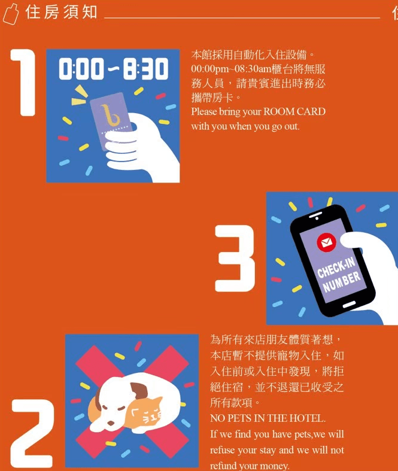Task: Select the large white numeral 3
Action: [x=235, y=259]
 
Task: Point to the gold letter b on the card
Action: [x=110, y=115]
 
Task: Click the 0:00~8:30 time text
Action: [x=113, y=69]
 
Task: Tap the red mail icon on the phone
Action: [x=326, y=242]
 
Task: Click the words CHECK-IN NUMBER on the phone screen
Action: [x=339, y=275]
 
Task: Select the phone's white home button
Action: [x=349, y=305]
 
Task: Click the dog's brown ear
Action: [x=140, y=390]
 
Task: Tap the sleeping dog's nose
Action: [x=111, y=423]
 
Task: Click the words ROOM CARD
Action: [x=294, y=112]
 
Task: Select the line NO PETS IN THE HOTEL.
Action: [x=268, y=418]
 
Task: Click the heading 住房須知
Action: [x=61, y=12]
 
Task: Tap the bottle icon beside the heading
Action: [x=11, y=14]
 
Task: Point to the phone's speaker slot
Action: [x=315, y=214]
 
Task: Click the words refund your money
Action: [x=250, y=466]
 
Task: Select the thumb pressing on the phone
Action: [x=354, y=240]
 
